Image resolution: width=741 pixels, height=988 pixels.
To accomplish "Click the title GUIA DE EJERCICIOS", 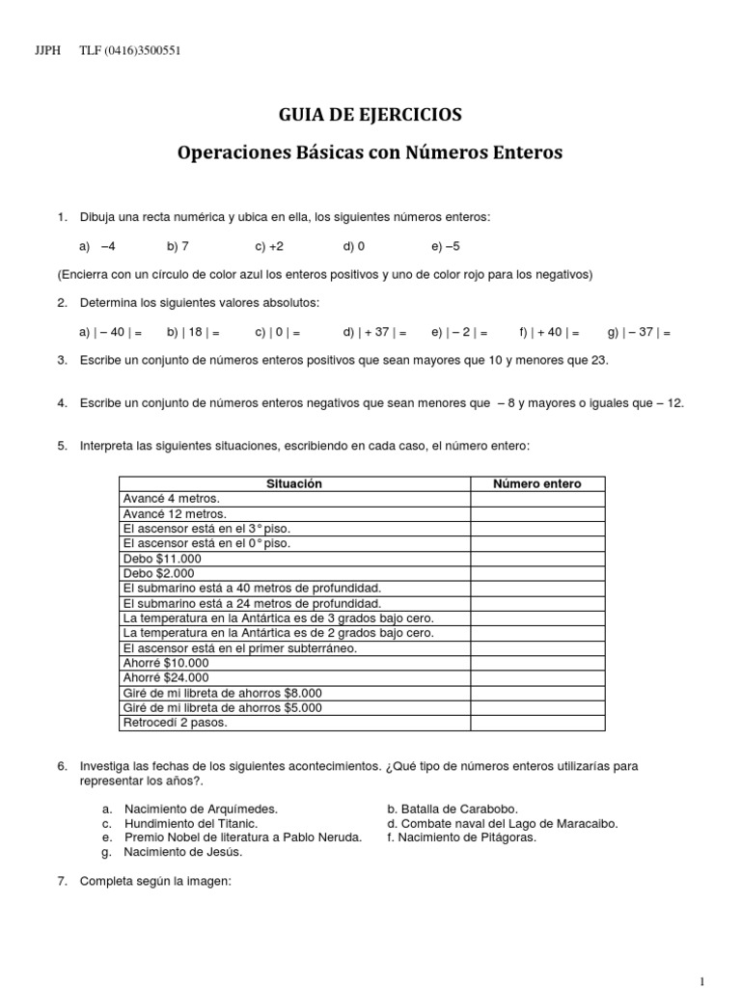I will click(370, 115).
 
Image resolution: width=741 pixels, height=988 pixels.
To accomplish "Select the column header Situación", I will click(293, 483).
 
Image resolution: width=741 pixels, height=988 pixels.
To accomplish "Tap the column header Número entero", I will click(537, 483).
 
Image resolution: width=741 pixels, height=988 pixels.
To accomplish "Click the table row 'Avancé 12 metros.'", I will click(175, 513).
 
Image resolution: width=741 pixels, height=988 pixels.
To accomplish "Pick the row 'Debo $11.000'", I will click(162, 559).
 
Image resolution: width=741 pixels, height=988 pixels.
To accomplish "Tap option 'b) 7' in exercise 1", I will click(178, 246).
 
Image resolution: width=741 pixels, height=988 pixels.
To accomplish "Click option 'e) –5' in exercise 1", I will click(446, 246).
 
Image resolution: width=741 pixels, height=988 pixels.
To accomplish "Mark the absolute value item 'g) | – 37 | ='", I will click(639, 332).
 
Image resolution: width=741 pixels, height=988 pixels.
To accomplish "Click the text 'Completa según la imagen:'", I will click(156, 880).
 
